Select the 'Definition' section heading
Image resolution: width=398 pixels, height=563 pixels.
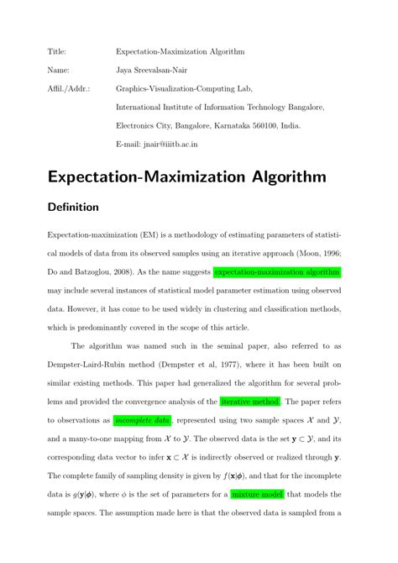[x=73, y=207]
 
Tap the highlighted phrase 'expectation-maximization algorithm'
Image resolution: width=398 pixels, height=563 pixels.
[x=277, y=272]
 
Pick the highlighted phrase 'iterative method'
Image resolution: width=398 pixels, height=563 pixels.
[x=251, y=400]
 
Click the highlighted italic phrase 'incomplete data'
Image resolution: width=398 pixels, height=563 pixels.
[x=142, y=418]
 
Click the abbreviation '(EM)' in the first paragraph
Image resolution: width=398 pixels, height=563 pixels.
[x=152, y=235]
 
